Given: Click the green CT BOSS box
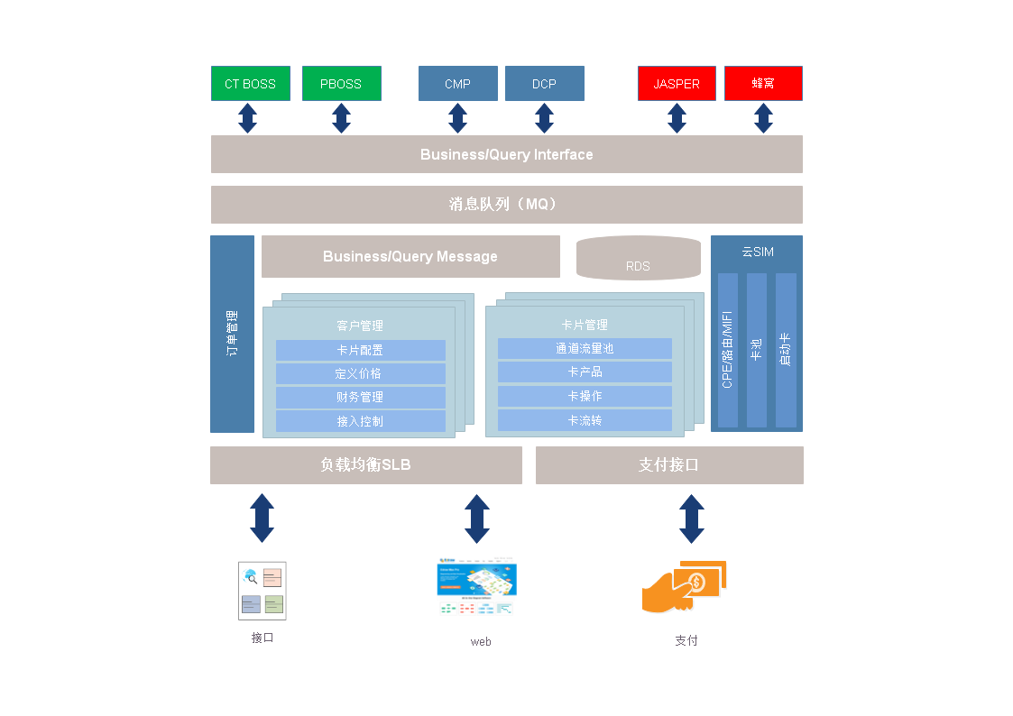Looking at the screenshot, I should point(251,84).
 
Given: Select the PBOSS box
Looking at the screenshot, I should point(341,84).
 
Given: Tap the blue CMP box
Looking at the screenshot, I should point(458,84).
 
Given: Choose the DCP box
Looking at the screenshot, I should point(544,84).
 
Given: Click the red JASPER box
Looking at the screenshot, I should point(677,84).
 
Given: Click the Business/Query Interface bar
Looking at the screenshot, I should point(506,154).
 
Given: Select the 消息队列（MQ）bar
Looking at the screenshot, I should point(506,205).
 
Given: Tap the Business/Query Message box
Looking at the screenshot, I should point(410,257).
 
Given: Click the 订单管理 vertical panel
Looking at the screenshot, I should point(233,334).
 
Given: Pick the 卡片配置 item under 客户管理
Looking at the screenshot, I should point(360,350).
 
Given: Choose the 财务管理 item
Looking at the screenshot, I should point(360,397).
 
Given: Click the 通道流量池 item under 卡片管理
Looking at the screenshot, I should point(585,348).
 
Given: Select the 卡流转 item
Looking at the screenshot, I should point(585,420).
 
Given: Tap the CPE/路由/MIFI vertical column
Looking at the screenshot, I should point(728,350).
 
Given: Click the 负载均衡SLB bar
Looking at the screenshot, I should point(366,465).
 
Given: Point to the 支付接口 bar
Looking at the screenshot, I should point(669,465).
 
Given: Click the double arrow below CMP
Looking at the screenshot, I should point(458,118).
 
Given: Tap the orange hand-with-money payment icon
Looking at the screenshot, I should point(685,587).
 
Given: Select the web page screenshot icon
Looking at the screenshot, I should point(476,589).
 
